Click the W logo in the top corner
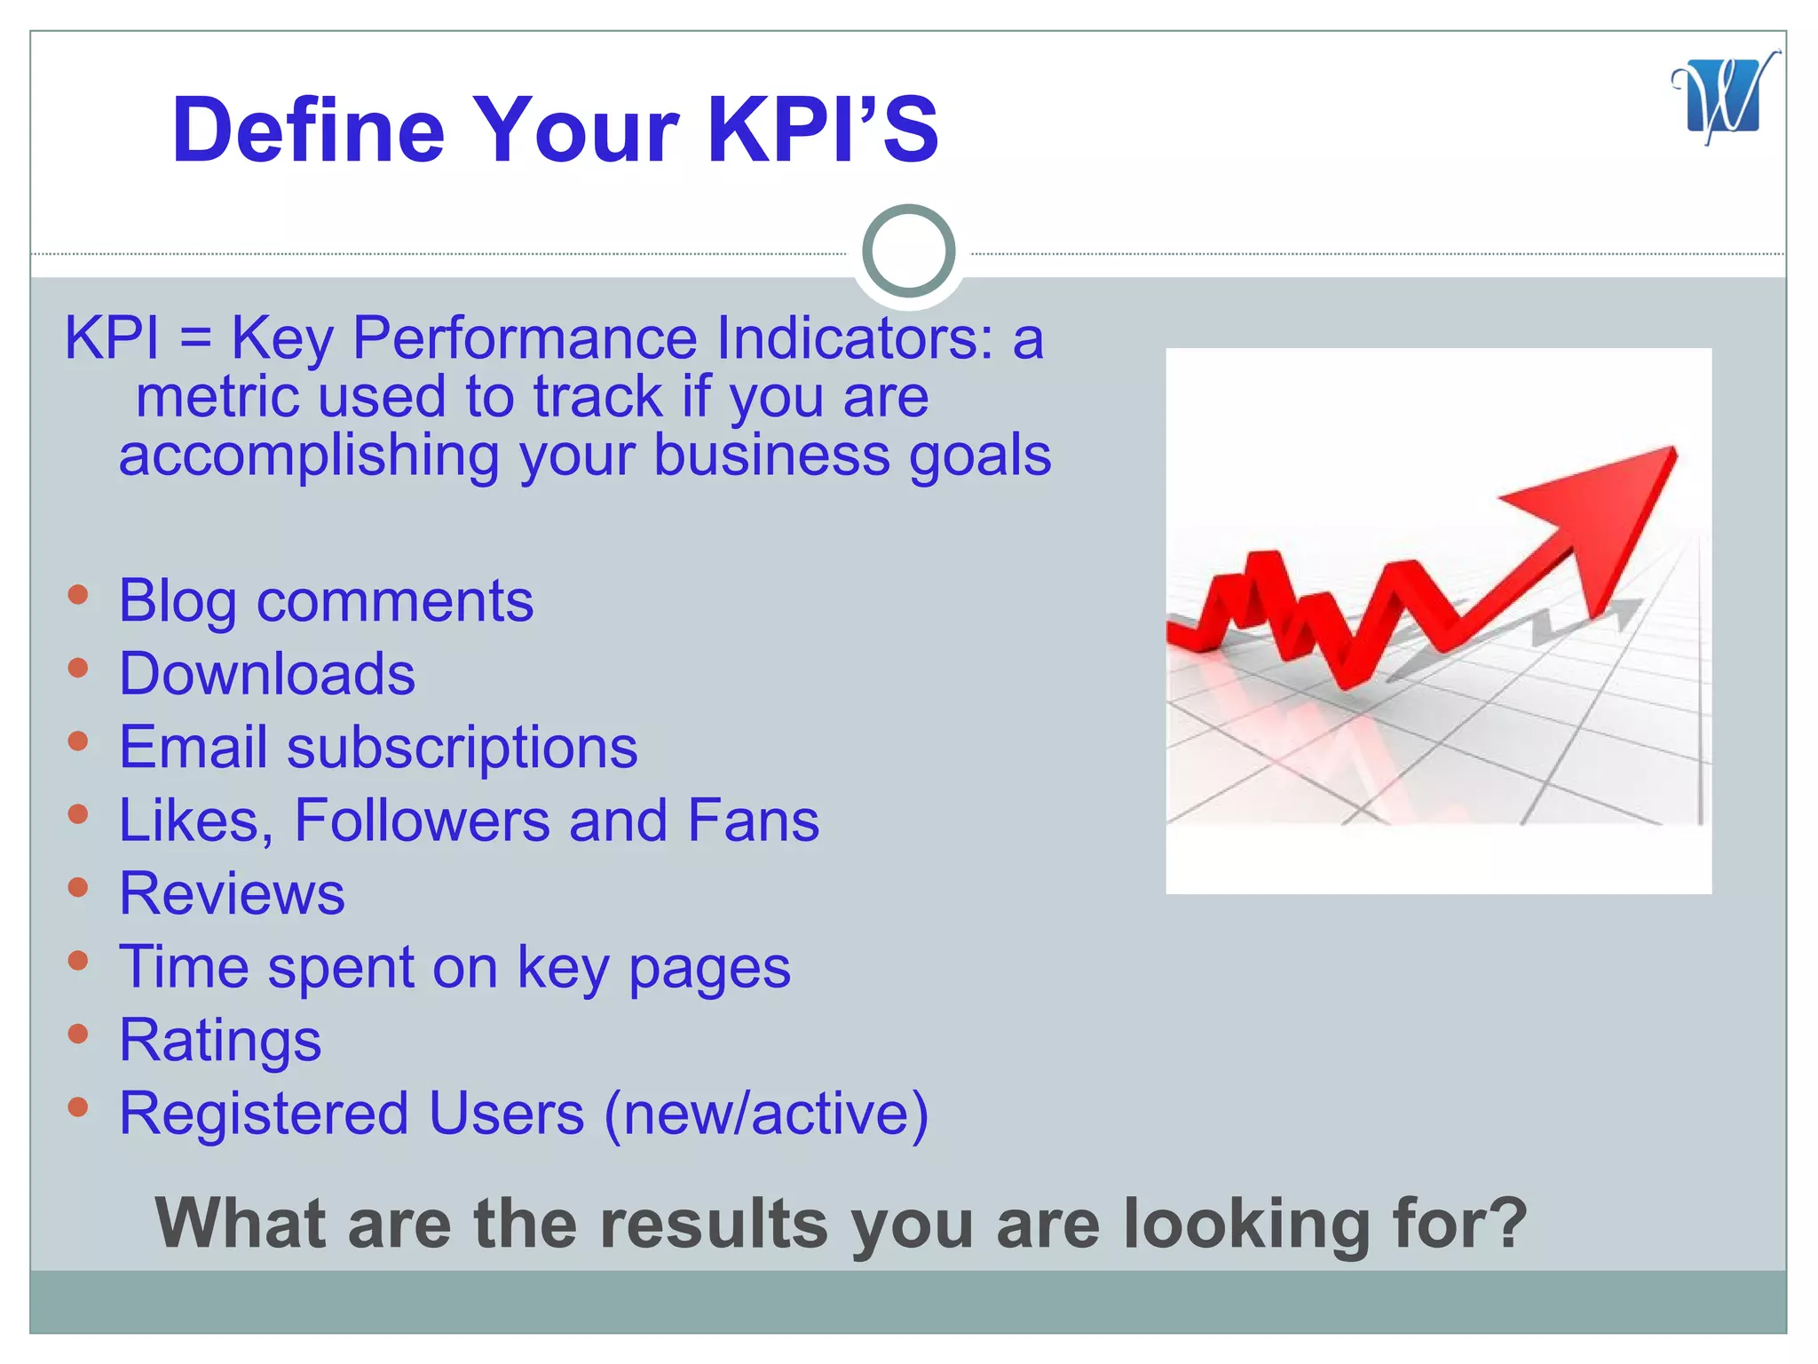(x=1722, y=98)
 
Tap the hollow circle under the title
(x=908, y=250)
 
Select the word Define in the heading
(x=308, y=131)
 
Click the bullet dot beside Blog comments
(x=78, y=594)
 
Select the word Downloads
(x=267, y=674)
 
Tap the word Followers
(x=422, y=820)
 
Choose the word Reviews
(x=232, y=893)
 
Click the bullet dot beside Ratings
(x=78, y=1034)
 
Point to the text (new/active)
(x=766, y=1114)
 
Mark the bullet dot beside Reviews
(x=78, y=887)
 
